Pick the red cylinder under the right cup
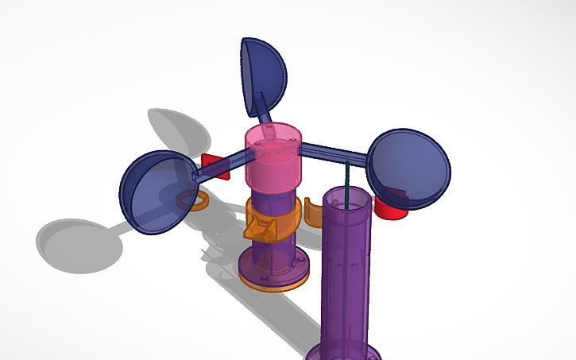tap(389, 208)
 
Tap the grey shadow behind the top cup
tap(176, 129)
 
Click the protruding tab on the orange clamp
tap(258, 232)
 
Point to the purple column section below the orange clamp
tap(274, 254)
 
